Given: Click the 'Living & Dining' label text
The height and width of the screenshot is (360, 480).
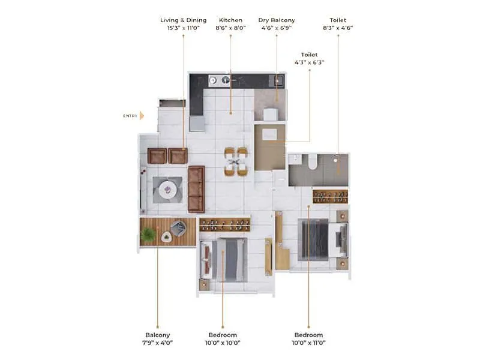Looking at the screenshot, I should click(183, 20).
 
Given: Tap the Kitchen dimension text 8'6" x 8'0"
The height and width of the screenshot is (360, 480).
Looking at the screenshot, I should click(231, 28).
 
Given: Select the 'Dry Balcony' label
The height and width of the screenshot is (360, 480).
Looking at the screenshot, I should click(277, 20).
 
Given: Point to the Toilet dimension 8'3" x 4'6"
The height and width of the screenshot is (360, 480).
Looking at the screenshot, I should click(338, 28).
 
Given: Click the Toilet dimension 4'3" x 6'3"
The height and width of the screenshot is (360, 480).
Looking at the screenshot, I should click(310, 62).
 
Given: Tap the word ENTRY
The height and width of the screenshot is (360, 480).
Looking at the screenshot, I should click(130, 116).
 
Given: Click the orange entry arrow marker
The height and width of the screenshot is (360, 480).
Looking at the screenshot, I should click(142, 116).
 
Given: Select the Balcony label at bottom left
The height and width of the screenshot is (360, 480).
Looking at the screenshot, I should click(158, 335).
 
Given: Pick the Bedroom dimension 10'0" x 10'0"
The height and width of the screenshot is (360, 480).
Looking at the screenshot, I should click(223, 343).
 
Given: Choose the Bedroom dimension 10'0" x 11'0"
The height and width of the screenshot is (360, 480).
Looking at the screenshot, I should click(308, 343).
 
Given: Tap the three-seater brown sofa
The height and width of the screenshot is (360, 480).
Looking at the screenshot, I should click(196, 189).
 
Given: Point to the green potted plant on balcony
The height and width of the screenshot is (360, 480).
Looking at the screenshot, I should click(148, 235).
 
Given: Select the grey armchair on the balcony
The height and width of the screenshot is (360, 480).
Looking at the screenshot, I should click(178, 228).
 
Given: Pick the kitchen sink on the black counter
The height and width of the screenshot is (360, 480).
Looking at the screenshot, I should click(226, 79).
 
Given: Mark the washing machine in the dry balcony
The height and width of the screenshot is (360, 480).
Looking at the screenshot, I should click(271, 114).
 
